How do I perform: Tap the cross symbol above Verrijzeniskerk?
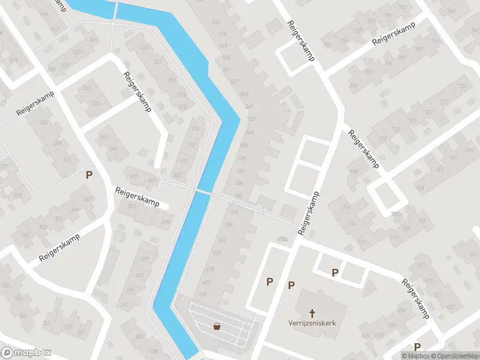tap(312, 313)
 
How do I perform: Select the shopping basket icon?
tap(217, 326)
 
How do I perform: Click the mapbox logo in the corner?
tap(26, 353)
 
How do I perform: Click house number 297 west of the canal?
tap(145, 259)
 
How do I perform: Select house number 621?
tap(427, 281)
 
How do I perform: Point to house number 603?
tap(217, 253)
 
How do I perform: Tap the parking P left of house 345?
tap(89, 175)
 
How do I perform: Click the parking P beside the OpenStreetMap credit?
tap(416, 346)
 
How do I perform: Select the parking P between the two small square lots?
tap(335, 273)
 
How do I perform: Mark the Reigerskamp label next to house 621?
tap(416, 298)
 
